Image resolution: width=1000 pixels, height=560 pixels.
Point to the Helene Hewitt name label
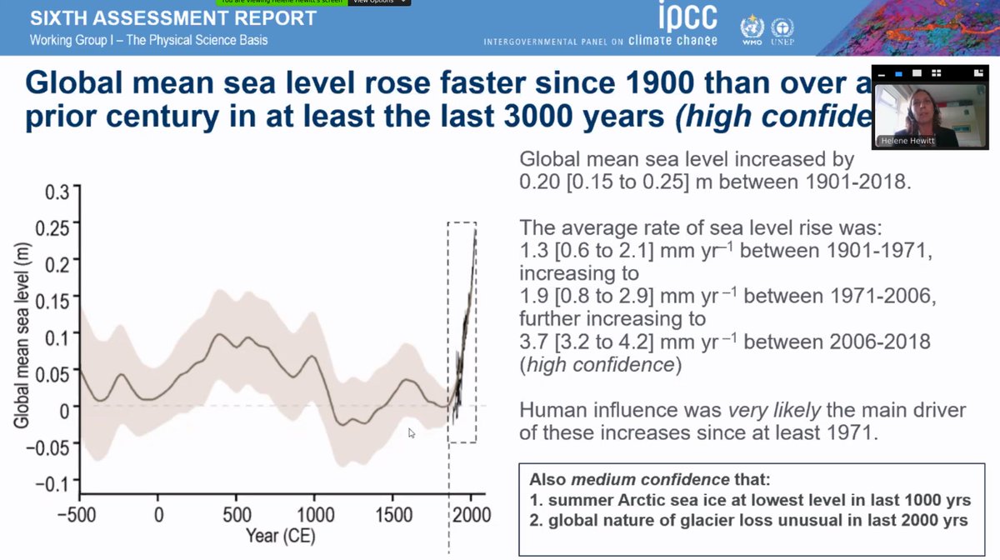point(906,141)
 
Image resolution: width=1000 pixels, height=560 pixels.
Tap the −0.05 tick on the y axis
point(52,443)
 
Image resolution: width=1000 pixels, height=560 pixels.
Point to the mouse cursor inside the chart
point(412,432)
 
